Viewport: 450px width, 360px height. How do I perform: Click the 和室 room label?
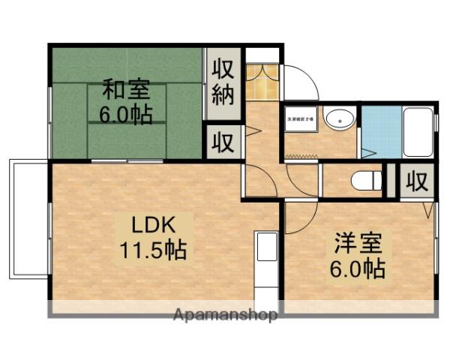tap(125, 91)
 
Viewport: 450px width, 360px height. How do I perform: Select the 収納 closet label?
tap(223, 83)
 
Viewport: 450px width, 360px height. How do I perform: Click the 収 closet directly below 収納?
tap(223, 141)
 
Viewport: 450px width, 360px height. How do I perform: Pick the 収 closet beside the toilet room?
tap(418, 181)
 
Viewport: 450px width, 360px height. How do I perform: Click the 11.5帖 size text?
tap(154, 249)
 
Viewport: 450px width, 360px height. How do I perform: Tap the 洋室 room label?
tap(357, 244)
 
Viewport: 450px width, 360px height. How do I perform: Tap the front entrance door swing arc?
tap(300, 81)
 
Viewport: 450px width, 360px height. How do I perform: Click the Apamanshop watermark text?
tap(225, 314)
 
